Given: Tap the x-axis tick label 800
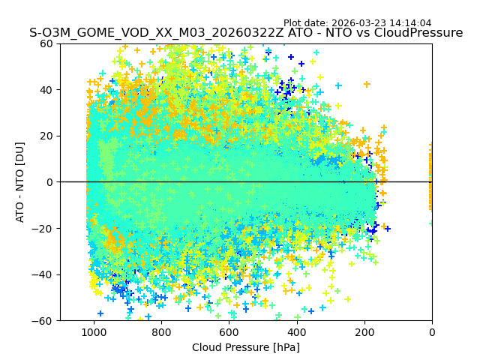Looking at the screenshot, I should click(161, 332).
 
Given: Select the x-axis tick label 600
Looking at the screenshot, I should click(229, 332).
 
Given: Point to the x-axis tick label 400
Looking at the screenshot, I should click(296, 332).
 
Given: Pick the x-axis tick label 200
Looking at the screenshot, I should click(364, 332).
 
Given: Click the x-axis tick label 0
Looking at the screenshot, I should click(431, 332).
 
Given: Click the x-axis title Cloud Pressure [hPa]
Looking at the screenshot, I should click(246, 347).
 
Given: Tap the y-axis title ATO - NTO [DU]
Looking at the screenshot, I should click(21, 182).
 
